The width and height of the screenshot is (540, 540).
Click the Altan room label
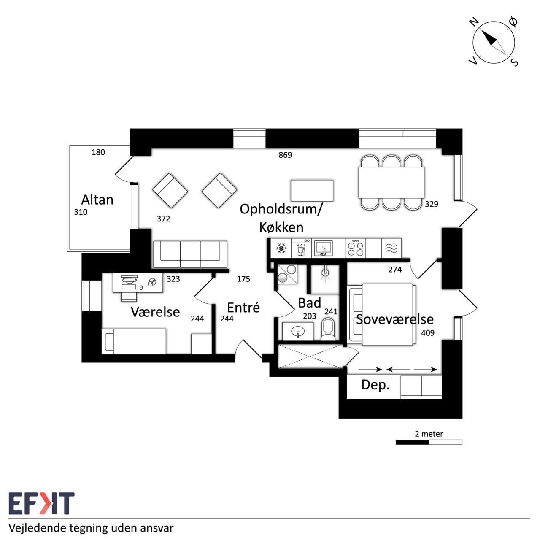97,200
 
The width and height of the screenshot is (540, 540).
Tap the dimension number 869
285,155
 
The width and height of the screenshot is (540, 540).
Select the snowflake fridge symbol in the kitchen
281,248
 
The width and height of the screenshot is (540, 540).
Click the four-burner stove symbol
356,248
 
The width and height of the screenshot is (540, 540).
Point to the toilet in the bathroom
328,329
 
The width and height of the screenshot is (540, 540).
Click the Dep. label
375,385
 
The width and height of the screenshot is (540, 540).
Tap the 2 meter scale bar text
429,434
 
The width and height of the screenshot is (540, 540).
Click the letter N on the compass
474,22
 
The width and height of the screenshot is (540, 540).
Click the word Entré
243,308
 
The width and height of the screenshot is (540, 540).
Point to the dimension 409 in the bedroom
428,333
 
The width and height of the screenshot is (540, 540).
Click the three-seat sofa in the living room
190,254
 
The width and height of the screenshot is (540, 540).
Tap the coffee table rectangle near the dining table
312,191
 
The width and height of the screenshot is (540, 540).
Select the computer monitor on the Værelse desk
129,279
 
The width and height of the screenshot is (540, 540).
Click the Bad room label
310,303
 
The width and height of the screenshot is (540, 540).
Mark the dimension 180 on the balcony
98,152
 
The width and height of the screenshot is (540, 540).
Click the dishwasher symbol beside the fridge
302,248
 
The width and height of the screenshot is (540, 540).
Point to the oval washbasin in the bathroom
297,332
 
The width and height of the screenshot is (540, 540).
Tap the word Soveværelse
395,319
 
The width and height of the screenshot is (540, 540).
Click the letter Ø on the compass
513,22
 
